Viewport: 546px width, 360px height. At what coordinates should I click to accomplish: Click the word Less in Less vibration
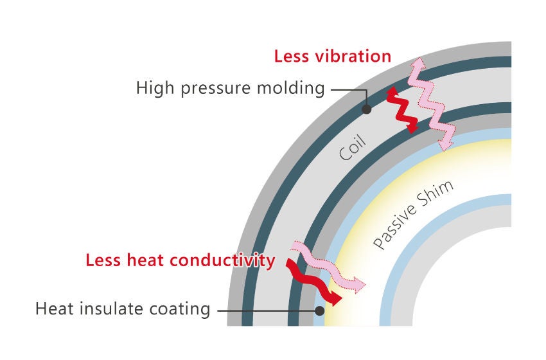click(292, 56)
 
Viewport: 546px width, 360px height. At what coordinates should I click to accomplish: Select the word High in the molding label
click(155, 87)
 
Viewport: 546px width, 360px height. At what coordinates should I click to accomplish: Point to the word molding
click(291, 88)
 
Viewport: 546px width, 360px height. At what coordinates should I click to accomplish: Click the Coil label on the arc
click(353, 147)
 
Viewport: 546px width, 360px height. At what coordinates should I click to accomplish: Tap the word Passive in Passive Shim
click(394, 226)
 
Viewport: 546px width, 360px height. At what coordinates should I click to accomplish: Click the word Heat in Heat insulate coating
click(55, 309)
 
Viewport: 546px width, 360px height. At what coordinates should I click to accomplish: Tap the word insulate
click(111, 309)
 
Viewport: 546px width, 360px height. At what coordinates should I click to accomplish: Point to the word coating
click(180, 309)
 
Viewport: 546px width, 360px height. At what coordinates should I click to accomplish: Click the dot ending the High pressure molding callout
click(366, 109)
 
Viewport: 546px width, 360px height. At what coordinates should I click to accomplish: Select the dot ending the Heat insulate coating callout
click(319, 310)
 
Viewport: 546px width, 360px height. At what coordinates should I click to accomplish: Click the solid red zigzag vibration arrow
click(403, 110)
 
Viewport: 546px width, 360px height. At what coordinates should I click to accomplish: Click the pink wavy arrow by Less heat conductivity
click(328, 267)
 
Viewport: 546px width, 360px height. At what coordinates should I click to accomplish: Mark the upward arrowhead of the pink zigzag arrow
click(418, 64)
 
